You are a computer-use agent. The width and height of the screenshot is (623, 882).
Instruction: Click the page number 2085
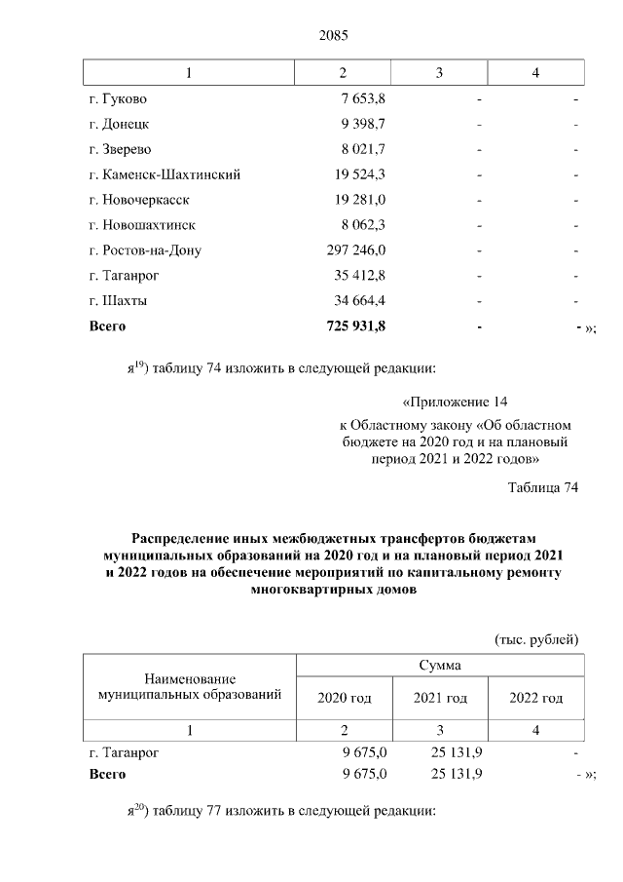pyautogui.click(x=333, y=36)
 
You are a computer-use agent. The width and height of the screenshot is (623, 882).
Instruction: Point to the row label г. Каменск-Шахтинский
pyautogui.click(x=165, y=174)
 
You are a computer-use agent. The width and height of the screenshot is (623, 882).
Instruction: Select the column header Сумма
pyautogui.click(x=440, y=665)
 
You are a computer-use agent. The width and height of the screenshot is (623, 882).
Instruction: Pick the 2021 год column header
pyautogui.click(x=440, y=698)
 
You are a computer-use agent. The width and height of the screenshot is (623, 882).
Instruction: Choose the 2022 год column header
pyautogui.click(x=536, y=698)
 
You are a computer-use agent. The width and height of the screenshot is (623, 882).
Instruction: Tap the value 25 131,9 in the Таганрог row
pyautogui.click(x=456, y=752)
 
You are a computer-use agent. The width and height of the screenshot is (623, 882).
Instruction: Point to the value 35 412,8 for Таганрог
pyautogui.click(x=360, y=275)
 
